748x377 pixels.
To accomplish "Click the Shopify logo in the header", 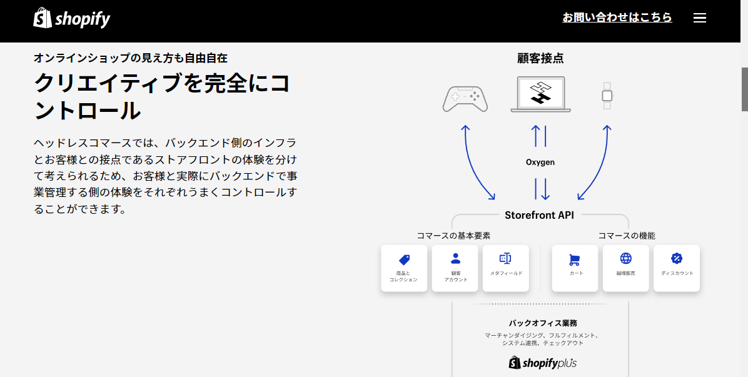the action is coord(71,18).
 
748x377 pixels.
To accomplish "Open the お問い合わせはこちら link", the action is coord(617,18).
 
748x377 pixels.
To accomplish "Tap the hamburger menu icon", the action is coord(699,18).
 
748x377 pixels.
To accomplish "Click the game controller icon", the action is coord(465,99).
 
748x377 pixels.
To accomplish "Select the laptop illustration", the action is coord(540,94).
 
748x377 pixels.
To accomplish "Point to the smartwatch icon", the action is coord(607,95).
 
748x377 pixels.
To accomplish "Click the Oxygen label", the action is coord(540,162).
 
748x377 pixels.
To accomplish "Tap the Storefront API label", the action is coord(540,215).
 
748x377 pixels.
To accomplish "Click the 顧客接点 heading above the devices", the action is coord(540,58).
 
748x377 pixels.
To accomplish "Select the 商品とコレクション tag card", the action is coord(403,268).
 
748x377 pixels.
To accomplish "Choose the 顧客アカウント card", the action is coord(455,268).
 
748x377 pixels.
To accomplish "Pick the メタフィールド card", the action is coord(506,268).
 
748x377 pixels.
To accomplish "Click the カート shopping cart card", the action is coord(575,268).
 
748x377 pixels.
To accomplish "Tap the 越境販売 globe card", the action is coord(625,268).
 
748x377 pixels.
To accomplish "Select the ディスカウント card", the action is coord(677,268).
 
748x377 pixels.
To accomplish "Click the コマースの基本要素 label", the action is coord(453,236).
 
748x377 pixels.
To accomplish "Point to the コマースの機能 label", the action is coord(627,236).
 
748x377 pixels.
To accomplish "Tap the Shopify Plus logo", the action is coord(542,363).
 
